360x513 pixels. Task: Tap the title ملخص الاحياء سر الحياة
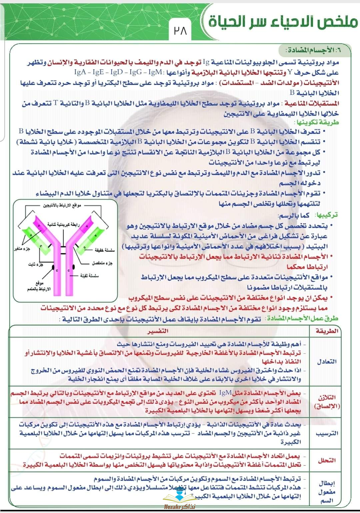(283, 22)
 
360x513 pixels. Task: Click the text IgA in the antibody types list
(80, 72)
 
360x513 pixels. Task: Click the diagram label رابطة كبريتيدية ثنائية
(63, 224)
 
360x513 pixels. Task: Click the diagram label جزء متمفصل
(102, 263)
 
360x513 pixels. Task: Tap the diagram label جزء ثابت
(36, 264)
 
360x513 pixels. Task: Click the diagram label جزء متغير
(22, 249)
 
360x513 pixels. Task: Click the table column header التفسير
(158, 331)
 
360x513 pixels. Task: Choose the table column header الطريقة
(327, 331)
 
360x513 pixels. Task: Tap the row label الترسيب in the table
(327, 433)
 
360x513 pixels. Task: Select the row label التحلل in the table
(327, 460)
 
